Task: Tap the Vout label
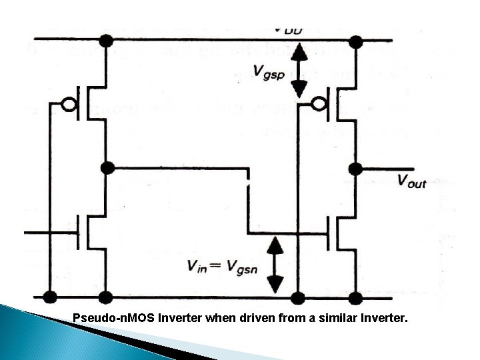(411, 180)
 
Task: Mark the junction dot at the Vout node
(356, 167)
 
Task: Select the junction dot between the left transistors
(105, 167)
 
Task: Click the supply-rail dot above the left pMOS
(105, 41)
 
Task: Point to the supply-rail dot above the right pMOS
(356, 41)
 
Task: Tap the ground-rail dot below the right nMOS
(356, 295)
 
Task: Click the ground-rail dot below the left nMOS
(105, 295)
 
